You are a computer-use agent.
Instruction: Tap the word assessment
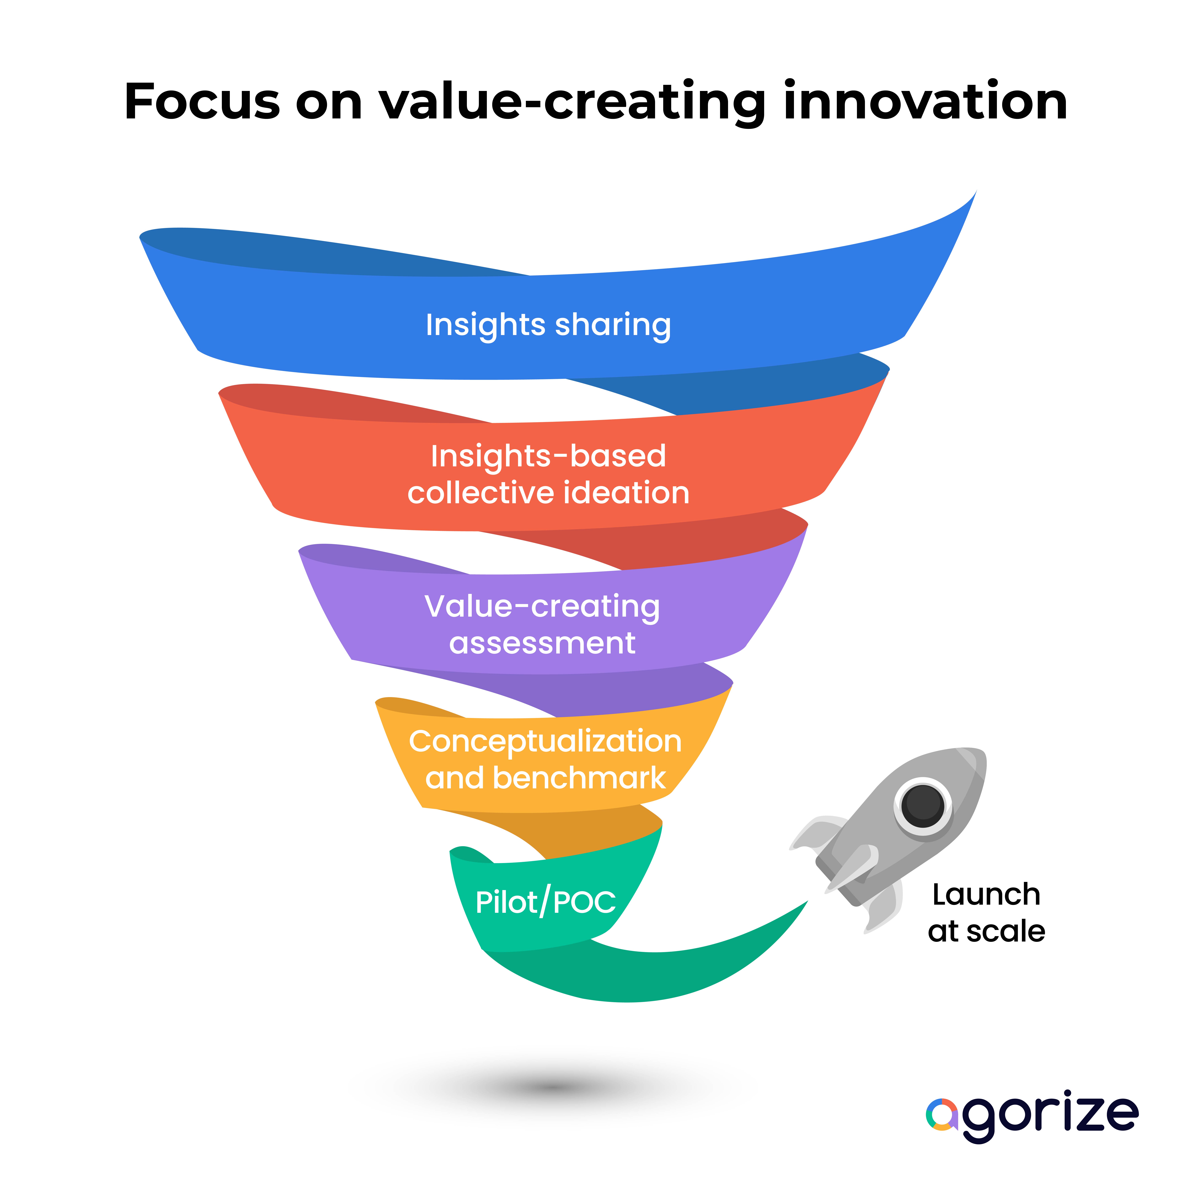tap(542, 644)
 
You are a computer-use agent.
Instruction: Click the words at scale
tap(986, 932)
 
